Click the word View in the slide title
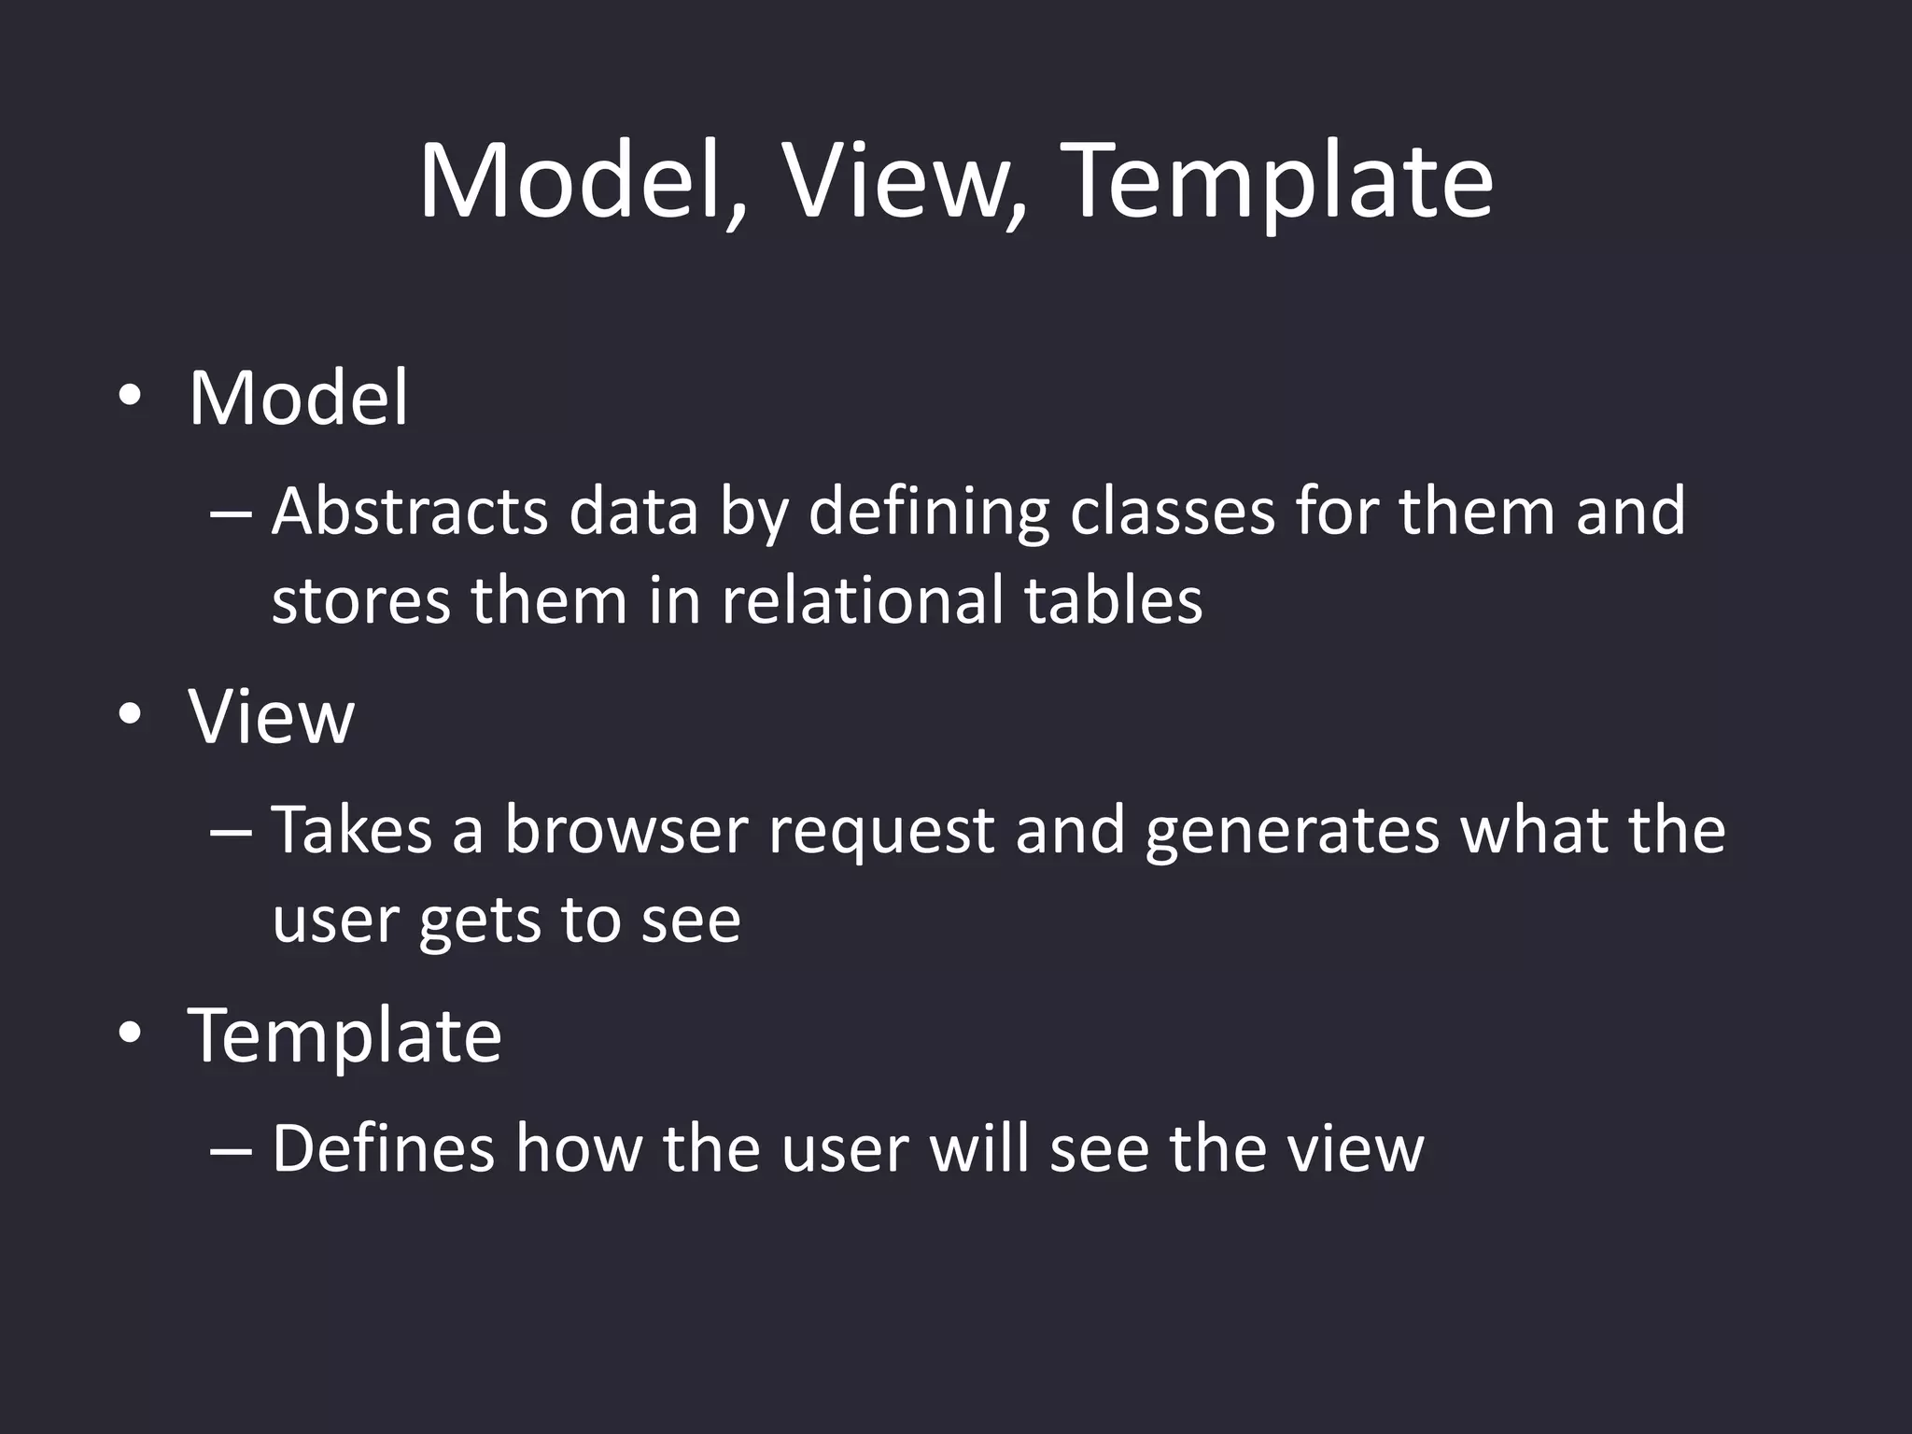point(904,182)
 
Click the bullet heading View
point(271,717)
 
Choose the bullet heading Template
point(344,1036)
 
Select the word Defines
point(383,1148)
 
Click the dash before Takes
point(231,831)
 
